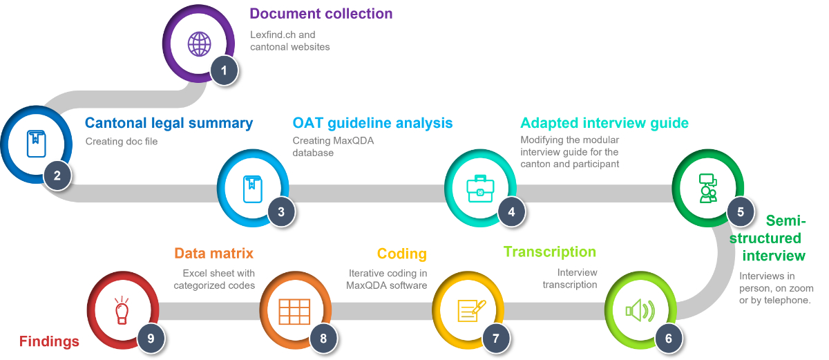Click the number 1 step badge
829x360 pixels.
[x=223, y=70]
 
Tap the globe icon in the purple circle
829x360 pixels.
[x=200, y=44]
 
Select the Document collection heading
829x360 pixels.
[x=321, y=14]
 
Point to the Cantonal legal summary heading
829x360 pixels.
[x=169, y=123]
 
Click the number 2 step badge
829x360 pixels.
[x=57, y=175]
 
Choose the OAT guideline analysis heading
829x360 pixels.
[x=372, y=123]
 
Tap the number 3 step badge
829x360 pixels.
[x=281, y=211]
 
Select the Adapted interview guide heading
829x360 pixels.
[x=604, y=123]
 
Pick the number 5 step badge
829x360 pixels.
[x=741, y=211]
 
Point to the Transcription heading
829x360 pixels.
[x=549, y=252]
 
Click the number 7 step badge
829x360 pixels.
[x=495, y=338]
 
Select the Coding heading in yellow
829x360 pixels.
[x=401, y=254]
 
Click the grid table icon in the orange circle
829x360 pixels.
[x=294, y=312]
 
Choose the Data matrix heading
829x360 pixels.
[x=213, y=253]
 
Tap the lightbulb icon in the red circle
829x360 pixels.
[x=122, y=311]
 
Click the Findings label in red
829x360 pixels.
[x=48, y=341]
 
